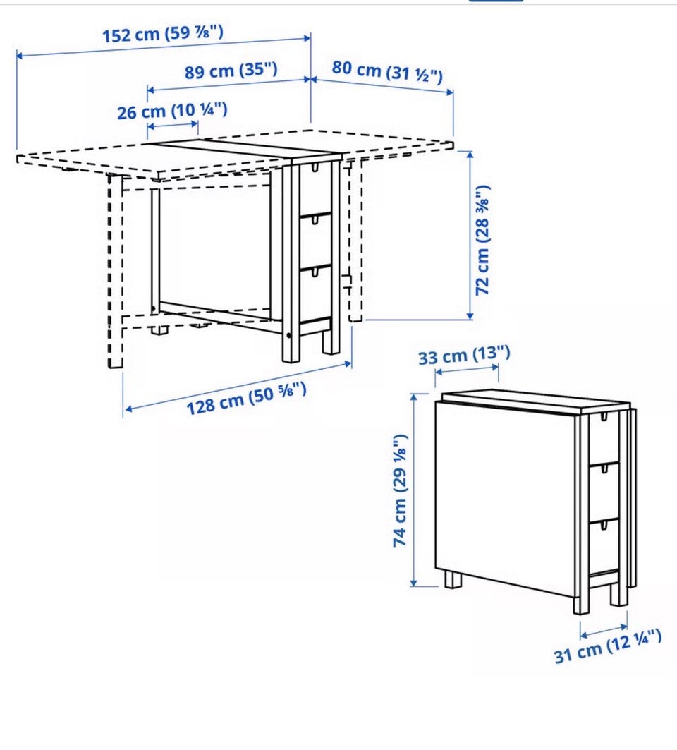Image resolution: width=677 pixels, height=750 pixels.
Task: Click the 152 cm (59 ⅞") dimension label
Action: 163,34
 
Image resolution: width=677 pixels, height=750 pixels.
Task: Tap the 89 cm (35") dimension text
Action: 231,71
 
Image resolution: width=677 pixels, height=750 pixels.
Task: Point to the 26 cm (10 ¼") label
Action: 172,111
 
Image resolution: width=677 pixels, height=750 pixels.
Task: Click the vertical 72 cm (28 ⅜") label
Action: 482,240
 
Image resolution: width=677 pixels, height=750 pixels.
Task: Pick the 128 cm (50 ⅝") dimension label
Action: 246,399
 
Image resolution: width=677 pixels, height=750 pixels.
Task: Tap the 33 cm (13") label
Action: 464,356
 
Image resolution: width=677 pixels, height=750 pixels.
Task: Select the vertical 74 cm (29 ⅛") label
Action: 400,491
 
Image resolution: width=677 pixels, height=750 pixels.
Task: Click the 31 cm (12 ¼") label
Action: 608,646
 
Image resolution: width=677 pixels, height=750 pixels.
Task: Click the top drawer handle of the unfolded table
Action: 315,167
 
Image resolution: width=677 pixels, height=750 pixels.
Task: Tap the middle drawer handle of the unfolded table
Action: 315,219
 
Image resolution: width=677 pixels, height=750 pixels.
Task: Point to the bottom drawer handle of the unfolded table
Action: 315,272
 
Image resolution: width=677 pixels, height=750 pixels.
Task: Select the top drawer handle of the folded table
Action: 604,416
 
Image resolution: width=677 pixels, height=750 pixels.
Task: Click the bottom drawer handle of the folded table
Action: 604,525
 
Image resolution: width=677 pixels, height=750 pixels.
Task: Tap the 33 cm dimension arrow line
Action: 467,369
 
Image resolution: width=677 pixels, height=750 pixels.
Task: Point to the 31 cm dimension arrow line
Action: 604,631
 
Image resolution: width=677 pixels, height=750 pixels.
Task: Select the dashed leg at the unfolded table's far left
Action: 115,271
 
